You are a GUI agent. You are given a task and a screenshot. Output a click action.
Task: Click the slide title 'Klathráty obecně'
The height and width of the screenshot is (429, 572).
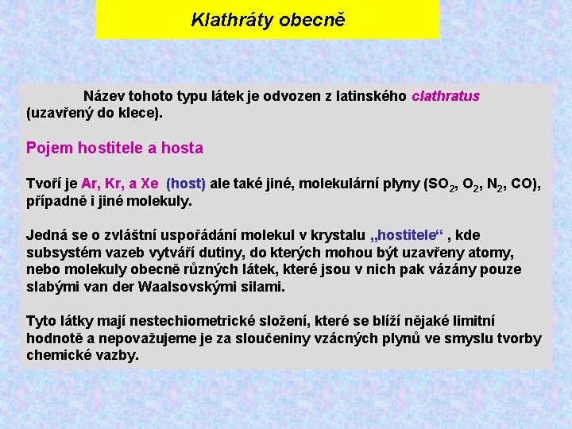coord(268,20)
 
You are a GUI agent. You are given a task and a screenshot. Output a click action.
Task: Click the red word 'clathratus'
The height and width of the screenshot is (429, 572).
coord(446,96)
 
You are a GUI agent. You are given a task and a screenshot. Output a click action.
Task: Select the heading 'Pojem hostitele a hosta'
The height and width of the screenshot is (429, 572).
coord(114,148)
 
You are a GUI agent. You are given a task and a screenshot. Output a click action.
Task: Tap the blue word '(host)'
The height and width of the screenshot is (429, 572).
coord(186,184)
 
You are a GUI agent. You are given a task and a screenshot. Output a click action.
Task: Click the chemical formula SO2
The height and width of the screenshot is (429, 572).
coord(443,184)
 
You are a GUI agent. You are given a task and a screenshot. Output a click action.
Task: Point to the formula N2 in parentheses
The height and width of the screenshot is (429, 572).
coord(492,184)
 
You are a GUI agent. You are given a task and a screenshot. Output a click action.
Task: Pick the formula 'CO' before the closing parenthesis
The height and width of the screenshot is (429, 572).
coord(522,184)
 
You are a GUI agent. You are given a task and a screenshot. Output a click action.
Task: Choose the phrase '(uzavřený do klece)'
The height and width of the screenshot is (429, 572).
coord(95,113)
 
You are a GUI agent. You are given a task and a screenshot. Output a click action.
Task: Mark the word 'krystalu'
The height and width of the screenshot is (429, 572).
coord(340,235)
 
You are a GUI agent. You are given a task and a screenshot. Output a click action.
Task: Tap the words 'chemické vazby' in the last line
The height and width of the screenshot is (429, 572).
coord(82,355)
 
